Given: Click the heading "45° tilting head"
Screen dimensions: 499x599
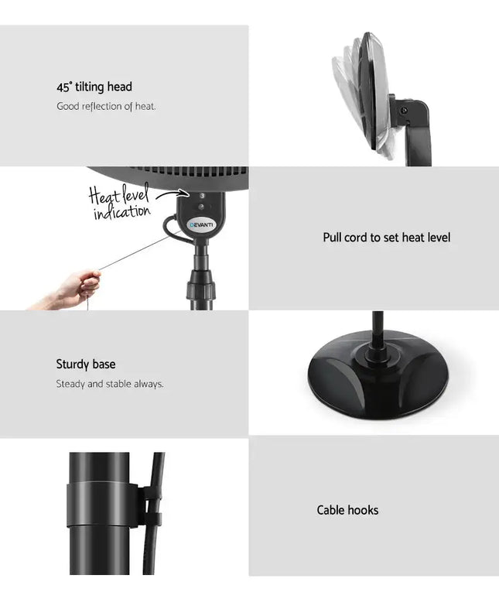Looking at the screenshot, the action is pos(94,87).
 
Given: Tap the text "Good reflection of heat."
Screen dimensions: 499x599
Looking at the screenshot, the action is pos(106,106).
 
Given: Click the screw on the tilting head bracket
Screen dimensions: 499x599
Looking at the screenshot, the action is pos(404,111).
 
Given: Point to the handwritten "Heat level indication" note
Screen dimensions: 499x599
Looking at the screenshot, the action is pos(119,203).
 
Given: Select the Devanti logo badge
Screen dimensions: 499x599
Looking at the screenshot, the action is pos(202,224).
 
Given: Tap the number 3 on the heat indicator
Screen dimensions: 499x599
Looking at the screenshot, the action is pos(202,196).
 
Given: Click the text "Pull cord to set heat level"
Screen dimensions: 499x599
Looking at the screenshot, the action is pos(386,238).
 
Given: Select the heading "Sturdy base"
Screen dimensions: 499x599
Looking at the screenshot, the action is pos(86,364).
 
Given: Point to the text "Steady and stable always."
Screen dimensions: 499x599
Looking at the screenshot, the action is pos(110,384).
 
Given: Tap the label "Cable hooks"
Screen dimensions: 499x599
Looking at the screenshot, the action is pos(347,510).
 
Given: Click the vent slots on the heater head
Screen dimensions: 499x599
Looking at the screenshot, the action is pos(183,170).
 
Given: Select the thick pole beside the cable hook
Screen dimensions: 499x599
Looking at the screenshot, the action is pos(99,513).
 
